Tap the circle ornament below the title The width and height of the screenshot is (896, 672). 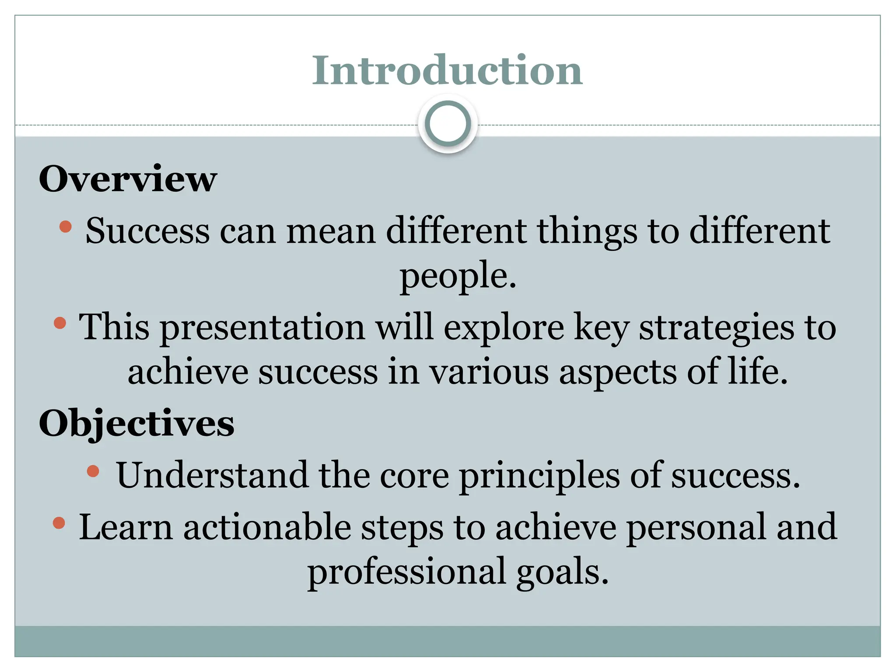pos(448,124)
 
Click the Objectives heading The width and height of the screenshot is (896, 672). pos(136,423)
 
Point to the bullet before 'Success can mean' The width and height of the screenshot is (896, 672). pos(65,226)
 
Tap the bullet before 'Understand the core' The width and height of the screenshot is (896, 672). pos(93,471)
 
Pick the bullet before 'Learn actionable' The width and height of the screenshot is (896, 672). pos(59,523)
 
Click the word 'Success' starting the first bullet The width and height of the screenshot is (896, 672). pos(147,231)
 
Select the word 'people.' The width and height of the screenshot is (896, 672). pos(458,276)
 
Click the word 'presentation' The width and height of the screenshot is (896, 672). pos(262,327)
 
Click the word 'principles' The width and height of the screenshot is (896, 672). pos(539,476)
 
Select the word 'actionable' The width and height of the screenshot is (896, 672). pos(267,527)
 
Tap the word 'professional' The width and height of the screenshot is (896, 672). pos(406,572)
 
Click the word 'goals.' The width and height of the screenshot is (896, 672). pos(563,572)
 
